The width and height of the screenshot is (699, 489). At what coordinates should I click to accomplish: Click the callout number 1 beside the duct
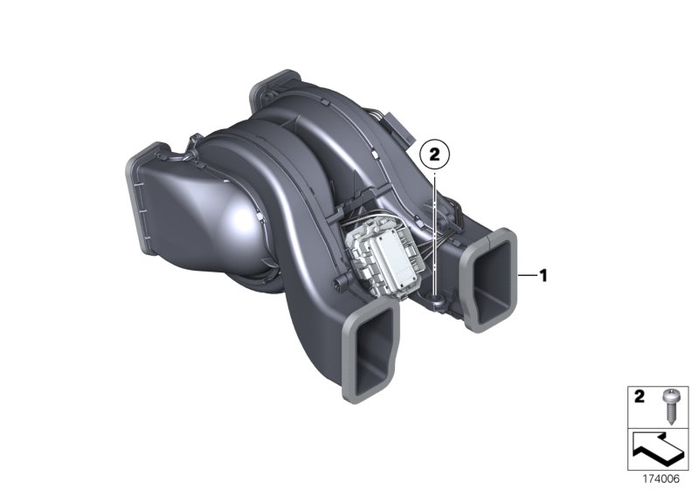[x=543, y=276]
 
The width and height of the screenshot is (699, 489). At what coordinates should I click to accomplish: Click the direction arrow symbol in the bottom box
[x=655, y=450]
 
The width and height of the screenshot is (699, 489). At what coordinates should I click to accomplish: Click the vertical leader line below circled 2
[x=434, y=227]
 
